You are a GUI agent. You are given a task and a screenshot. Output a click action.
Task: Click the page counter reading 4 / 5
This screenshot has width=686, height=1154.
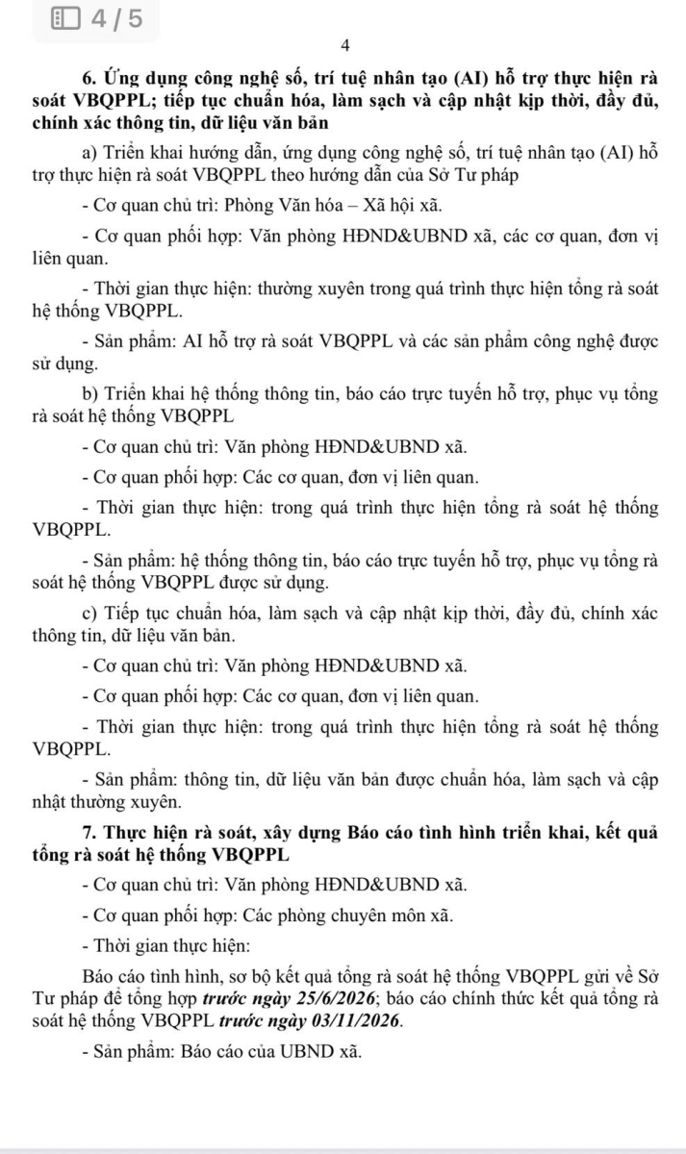[117, 18]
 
